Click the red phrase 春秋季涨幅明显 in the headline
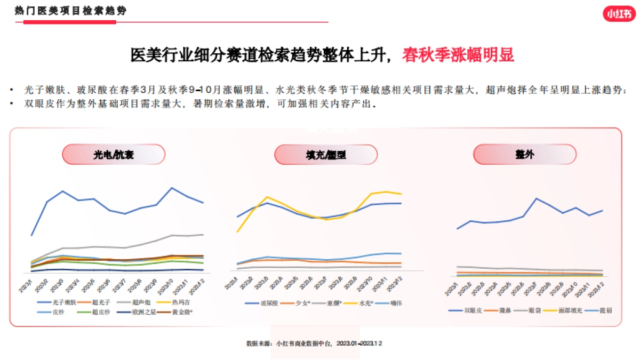(458, 55)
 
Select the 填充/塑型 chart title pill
(326, 155)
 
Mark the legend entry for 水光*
(362, 303)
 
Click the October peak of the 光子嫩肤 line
(172, 188)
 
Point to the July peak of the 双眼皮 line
(537, 198)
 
